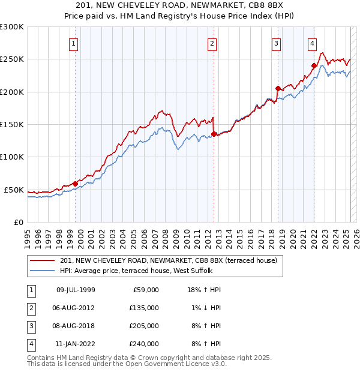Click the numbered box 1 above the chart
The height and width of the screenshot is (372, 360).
click(73, 43)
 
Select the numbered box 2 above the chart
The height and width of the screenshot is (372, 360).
click(212, 43)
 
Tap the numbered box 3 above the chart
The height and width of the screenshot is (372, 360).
click(276, 43)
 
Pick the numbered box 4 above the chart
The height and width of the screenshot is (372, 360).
click(313, 43)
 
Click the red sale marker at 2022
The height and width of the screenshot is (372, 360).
click(314, 65)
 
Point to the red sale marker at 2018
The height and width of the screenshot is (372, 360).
click(278, 88)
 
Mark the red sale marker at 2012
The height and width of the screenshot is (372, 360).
click(214, 134)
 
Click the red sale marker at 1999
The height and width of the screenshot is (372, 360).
click(75, 184)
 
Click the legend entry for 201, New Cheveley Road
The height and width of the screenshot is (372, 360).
click(168, 260)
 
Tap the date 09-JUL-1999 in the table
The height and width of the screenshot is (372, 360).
click(76, 290)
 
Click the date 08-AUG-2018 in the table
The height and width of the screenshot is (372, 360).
click(76, 326)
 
